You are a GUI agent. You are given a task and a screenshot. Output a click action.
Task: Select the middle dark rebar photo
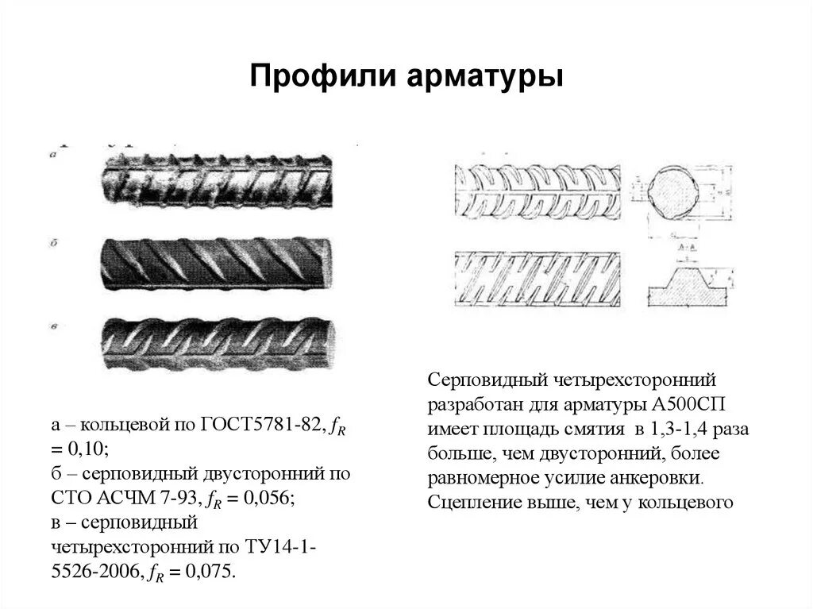point(216,262)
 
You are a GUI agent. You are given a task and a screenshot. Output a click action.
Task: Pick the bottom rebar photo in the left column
point(216,342)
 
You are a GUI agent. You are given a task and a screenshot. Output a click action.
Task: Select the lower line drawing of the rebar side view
point(537,279)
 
